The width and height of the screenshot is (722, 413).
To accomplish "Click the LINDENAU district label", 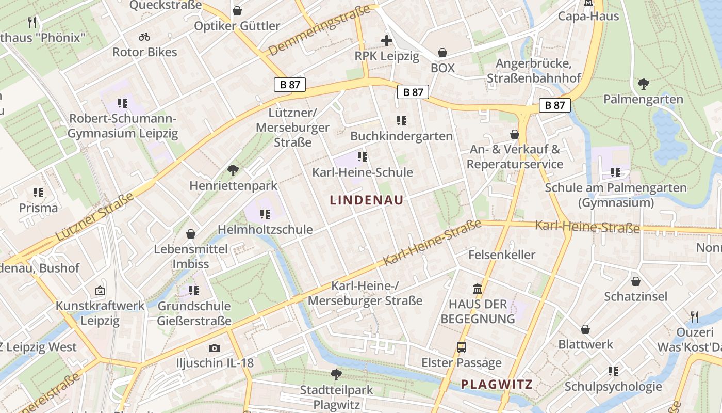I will coord(366,200).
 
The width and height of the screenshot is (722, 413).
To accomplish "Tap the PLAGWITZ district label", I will coord(497,384).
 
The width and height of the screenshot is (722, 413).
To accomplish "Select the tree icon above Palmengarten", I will coord(643,84).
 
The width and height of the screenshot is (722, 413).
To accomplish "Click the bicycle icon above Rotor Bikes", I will coord(144,37).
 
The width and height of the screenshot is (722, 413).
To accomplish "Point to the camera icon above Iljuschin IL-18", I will coord(214,348).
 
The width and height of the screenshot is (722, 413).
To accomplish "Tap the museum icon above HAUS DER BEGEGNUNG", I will coord(478,289).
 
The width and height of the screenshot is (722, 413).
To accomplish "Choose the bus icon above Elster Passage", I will coord(462,347).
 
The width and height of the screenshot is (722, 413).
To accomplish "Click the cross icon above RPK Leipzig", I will coord(387,41).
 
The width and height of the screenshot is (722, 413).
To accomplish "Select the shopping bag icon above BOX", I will coord(442,53).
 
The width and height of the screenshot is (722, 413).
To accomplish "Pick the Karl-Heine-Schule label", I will coord(363,172).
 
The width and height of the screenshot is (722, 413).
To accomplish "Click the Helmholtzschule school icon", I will coord(265,214).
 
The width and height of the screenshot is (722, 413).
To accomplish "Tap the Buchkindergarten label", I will coord(401,136).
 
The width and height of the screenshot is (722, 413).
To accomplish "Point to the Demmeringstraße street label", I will coord(320,30).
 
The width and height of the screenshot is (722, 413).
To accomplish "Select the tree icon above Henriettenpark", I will coord(233,169).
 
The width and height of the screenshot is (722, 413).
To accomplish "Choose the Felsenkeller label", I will coord(502,255).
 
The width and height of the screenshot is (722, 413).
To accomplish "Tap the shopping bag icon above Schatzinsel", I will coord(636,281).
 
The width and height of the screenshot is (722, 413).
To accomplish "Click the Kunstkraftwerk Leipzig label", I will coord(100,313).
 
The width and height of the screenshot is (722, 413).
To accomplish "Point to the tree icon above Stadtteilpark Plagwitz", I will coord(336,374).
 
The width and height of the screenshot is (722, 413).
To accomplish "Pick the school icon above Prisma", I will coord(38,193).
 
